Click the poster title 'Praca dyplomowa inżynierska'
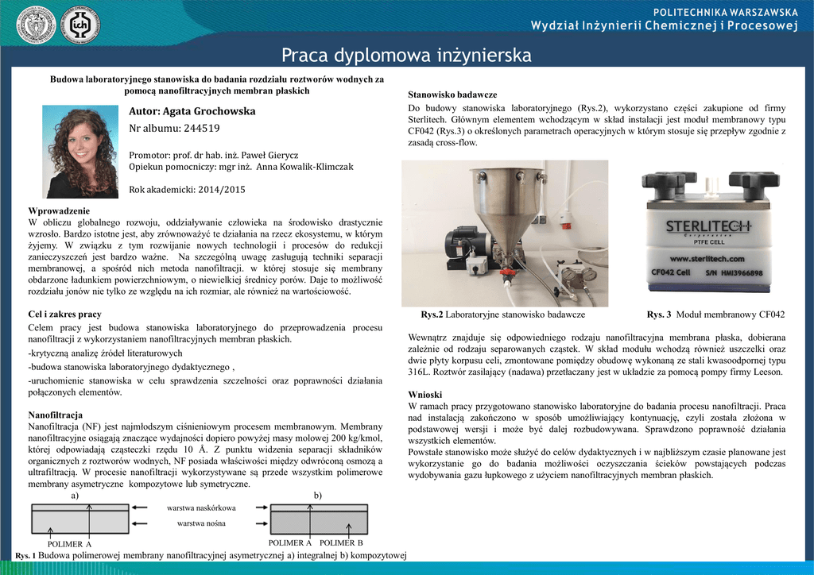[406, 56]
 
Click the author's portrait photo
[80, 152]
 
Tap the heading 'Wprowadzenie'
[59, 210]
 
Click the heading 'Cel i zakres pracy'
[64, 315]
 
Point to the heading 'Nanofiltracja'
[56, 415]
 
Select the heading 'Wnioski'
[424, 395]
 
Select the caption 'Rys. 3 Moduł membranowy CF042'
[715, 315]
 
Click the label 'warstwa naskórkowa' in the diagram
[201, 507]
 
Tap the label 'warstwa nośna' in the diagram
[201, 523]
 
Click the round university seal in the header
[37, 25]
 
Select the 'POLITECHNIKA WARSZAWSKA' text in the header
[725, 12]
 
